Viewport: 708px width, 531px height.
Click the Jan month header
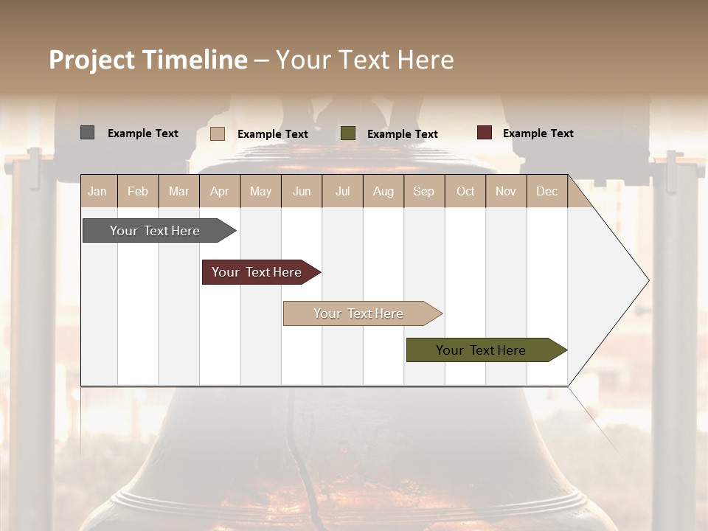tap(97, 191)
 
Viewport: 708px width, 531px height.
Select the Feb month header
tap(138, 191)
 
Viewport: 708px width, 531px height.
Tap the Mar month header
tap(178, 191)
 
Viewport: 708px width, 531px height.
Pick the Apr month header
tap(220, 191)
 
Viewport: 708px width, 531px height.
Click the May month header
tap(260, 191)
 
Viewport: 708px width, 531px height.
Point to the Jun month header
tap(302, 191)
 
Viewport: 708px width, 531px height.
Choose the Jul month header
tap(342, 191)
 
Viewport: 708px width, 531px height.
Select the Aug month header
tap(383, 191)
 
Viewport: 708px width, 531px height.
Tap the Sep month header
tap(424, 191)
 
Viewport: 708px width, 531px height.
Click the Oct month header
tap(465, 191)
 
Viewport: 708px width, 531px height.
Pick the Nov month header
tap(506, 191)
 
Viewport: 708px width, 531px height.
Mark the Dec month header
tap(546, 191)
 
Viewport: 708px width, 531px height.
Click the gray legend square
tap(87, 133)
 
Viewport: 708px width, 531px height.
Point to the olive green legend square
tap(348, 133)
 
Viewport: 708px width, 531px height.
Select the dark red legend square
tap(484, 133)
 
